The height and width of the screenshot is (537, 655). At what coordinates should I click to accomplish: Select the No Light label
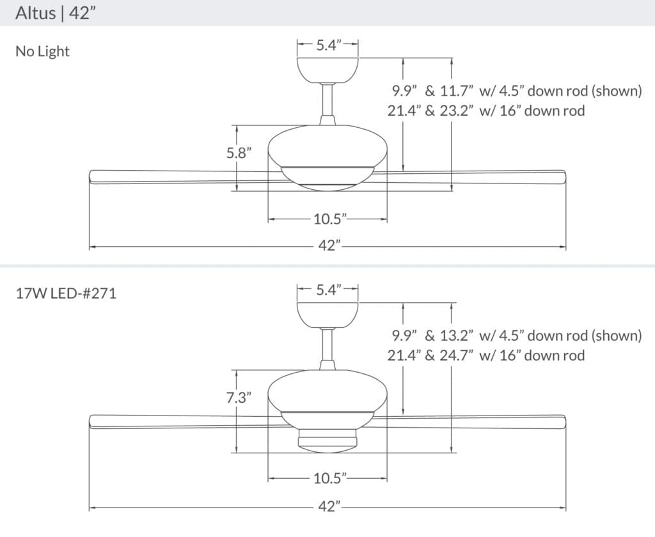[42, 52]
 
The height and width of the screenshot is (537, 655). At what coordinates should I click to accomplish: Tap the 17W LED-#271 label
[66, 295]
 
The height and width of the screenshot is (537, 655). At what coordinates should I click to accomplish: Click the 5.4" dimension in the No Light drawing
[327, 45]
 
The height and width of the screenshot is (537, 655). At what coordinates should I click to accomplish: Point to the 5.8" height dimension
[239, 153]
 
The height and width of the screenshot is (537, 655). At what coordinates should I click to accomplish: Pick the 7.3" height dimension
[239, 397]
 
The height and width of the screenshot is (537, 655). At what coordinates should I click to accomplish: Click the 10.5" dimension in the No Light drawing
[329, 219]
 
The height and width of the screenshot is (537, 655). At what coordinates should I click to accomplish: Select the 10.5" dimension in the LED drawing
[329, 478]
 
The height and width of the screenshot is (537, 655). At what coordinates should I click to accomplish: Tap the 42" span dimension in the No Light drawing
[329, 245]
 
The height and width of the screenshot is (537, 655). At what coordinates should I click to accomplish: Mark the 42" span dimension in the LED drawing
[329, 507]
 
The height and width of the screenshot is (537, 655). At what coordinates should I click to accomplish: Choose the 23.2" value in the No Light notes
[456, 111]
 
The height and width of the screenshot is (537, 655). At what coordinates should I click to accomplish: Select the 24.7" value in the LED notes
[456, 355]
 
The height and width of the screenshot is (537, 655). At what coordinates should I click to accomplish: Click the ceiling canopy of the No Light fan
[327, 69]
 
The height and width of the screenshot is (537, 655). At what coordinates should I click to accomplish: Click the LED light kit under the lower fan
[327, 440]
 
